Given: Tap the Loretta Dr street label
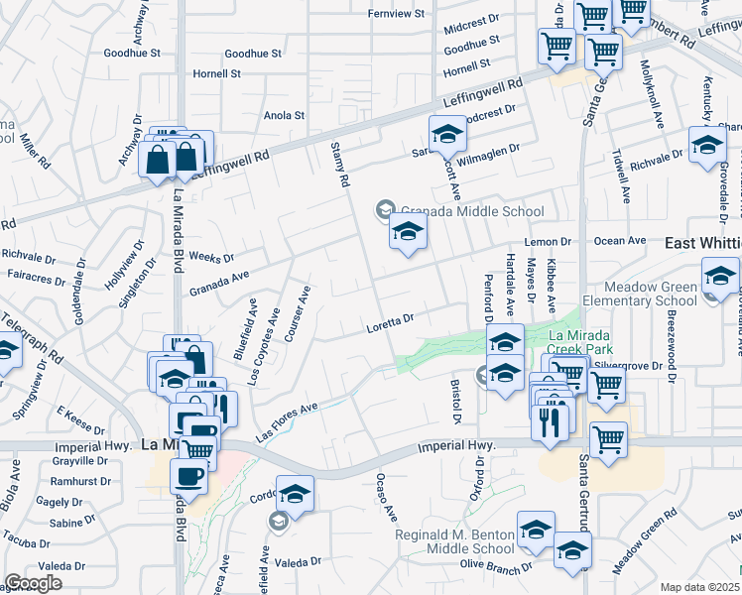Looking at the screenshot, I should pyautogui.click(x=389, y=321).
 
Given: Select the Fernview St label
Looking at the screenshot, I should pyautogui.click(x=396, y=14).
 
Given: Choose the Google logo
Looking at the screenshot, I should pyautogui.click(x=33, y=583).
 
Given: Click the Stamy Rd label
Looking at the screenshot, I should pyautogui.click(x=339, y=165).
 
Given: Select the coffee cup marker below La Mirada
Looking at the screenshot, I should pyautogui.click(x=188, y=474).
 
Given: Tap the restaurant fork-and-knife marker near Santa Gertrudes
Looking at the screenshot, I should pyautogui.click(x=548, y=421).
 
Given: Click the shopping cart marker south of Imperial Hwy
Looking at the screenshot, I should pyautogui.click(x=608, y=438).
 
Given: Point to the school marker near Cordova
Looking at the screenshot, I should pyautogui.click(x=295, y=493).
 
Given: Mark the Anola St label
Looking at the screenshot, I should pyautogui.click(x=284, y=116).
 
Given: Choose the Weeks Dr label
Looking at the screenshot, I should pyautogui.click(x=210, y=258).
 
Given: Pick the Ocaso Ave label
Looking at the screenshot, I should pyautogui.click(x=386, y=498).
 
